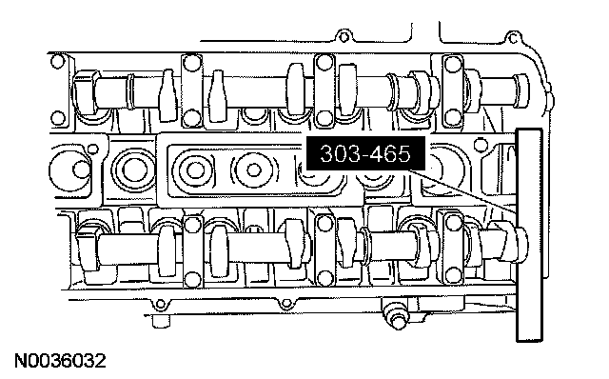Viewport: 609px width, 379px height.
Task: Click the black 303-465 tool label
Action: click(x=365, y=153)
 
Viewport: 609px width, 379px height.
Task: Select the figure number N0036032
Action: click(x=60, y=361)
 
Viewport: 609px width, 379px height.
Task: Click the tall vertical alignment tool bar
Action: click(x=529, y=235)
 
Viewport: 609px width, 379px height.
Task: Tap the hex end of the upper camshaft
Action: click(x=86, y=91)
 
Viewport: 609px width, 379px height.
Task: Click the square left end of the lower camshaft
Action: click(x=87, y=249)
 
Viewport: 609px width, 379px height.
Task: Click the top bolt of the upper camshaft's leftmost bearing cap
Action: click(x=190, y=62)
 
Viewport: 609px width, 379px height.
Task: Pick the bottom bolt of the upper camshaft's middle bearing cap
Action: click(x=324, y=117)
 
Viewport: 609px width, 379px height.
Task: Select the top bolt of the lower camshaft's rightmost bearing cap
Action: click(x=452, y=222)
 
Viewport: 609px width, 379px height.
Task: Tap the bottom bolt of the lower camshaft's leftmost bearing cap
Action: click(x=192, y=279)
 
